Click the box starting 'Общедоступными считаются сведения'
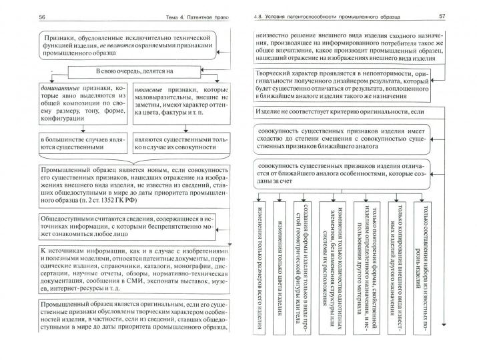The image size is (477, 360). [133, 227]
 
